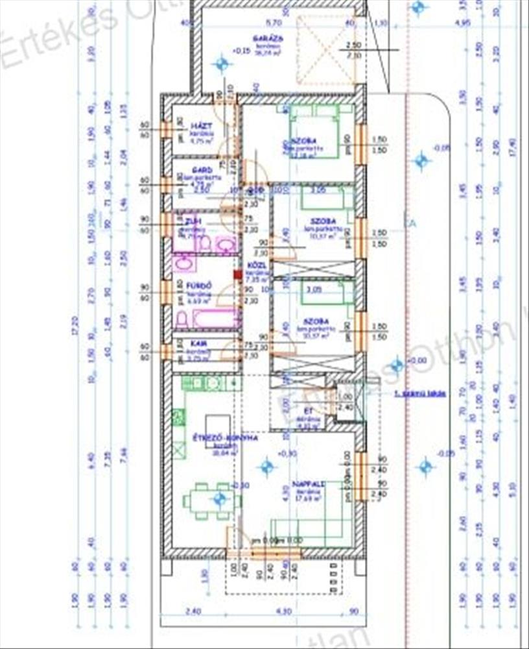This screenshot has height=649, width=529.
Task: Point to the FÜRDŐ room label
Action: click(196, 285)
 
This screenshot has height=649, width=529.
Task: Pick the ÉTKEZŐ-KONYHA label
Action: click(226, 438)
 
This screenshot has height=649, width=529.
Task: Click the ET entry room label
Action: click(309, 410)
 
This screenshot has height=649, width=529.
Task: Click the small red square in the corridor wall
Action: click(238, 275)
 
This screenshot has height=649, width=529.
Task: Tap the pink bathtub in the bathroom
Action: click(213, 319)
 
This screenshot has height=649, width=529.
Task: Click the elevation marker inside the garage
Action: click(222, 64)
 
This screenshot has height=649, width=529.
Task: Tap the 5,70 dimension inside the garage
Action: click(274, 22)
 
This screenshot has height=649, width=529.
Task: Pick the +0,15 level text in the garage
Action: click(241, 50)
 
